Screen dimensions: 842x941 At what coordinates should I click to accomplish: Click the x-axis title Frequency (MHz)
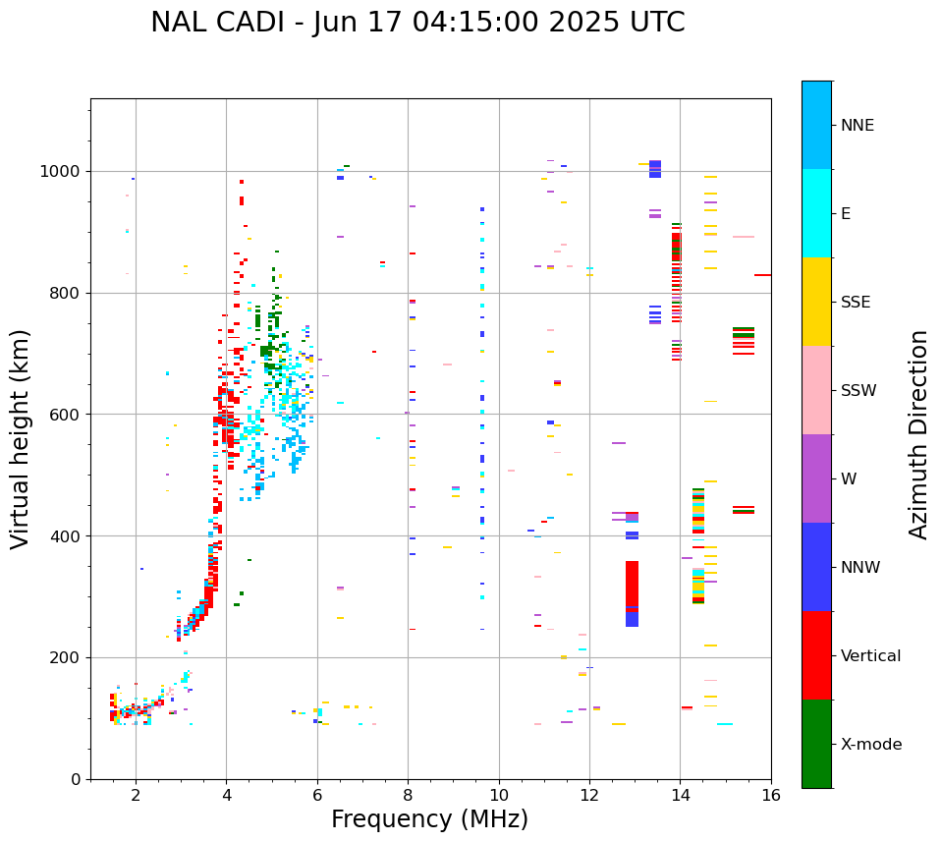pyautogui.click(x=429, y=819)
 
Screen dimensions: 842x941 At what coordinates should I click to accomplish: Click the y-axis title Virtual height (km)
pyautogui.click(x=21, y=439)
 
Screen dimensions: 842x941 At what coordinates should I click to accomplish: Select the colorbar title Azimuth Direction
pyautogui.click(x=918, y=434)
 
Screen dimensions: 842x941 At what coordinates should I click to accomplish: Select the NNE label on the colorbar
pyautogui.click(x=858, y=126)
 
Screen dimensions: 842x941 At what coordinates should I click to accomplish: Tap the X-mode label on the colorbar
pyautogui.click(x=871, y=745)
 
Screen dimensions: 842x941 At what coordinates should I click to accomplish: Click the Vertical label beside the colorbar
pyautogui.click(x=870, y=656)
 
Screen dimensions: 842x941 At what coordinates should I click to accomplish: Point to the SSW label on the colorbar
pyautogui.click(x=858, y=391)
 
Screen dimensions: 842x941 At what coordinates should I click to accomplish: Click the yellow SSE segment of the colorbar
pyautogui.click(x=816, y=302)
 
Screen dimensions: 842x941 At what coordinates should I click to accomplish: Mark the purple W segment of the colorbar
pyautogui.click(x=816, y=478)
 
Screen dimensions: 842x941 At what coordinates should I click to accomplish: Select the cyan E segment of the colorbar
pyautogui.click(x=816, y=213)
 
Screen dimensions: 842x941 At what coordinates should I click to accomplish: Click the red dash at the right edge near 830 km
pyautogui.click(x=762, y=275)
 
